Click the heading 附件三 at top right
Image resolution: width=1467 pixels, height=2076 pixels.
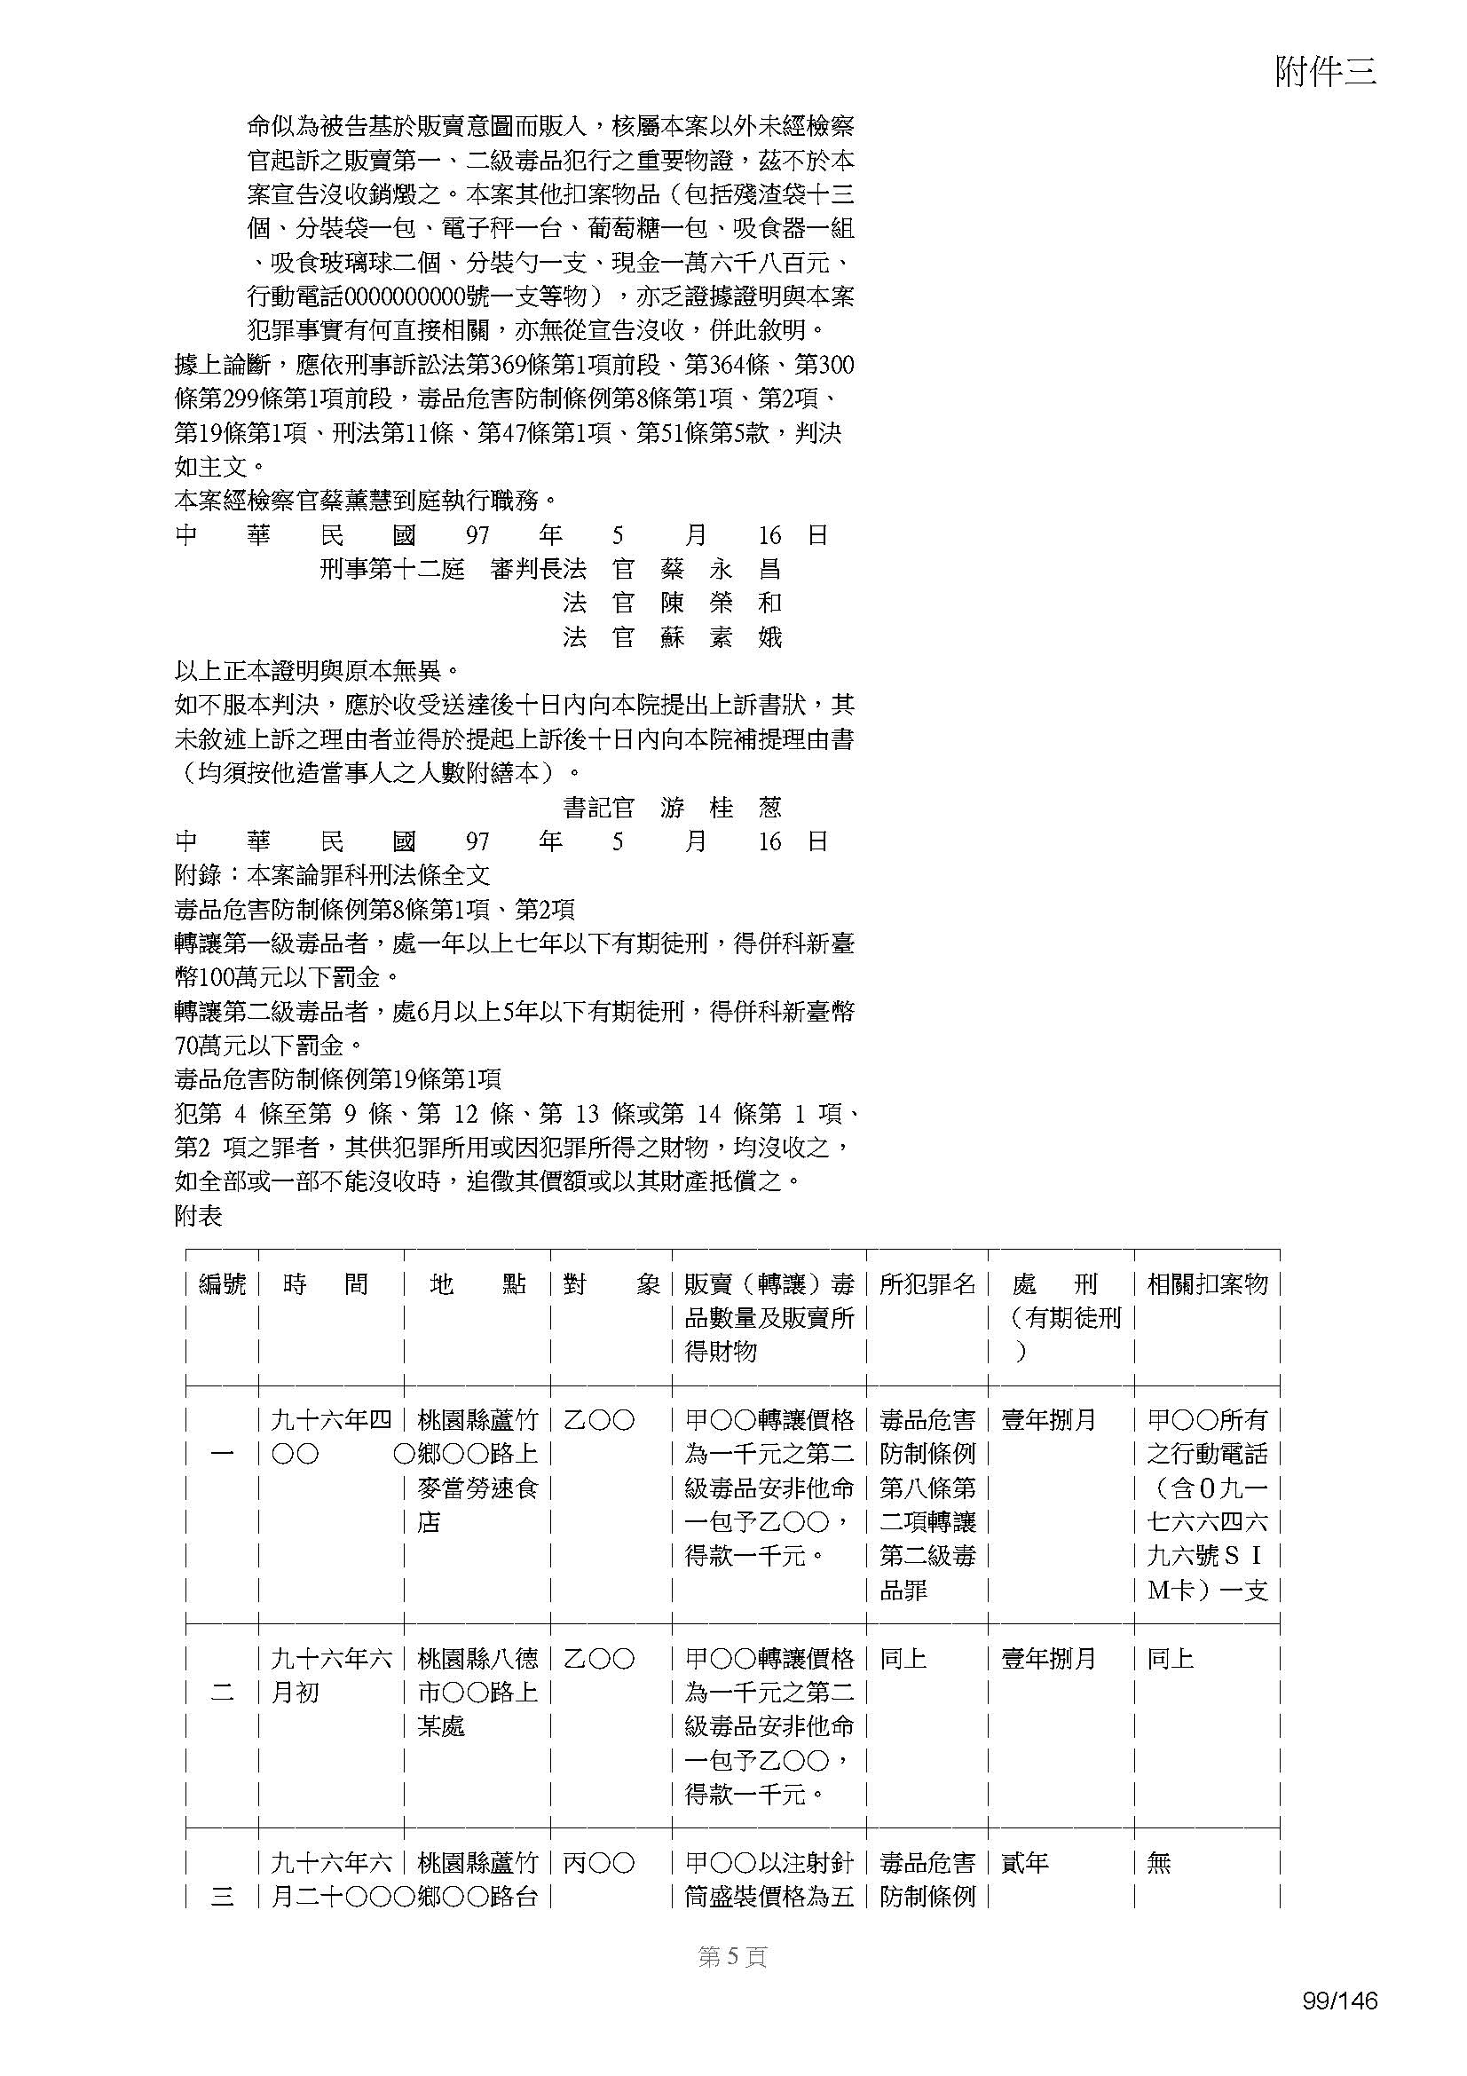click(x=1325, y=72)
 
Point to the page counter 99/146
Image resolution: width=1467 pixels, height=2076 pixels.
click(x=1339, y=2026)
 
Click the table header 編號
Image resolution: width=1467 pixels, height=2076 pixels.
click(x=223, y=1284)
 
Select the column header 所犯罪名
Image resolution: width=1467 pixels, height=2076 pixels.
click(x=927, y=1284)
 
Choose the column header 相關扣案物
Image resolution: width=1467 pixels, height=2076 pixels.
click(x=1207, y=1284)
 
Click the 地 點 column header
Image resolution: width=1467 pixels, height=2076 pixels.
click(x=477, y=1284)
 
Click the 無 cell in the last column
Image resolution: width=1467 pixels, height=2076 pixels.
click(x=1159, y=1863)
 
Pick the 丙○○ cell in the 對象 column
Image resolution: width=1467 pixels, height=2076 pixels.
click(x=598, y=1863)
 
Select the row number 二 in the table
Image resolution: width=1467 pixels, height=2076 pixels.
click(x=223, y=1692)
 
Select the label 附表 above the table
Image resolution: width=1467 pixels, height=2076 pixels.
click(x=198, y=1216)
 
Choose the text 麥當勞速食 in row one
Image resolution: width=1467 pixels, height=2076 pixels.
click(x=477, y=1488)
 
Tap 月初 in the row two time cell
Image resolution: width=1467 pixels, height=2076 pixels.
click(x=295, y=1692)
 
